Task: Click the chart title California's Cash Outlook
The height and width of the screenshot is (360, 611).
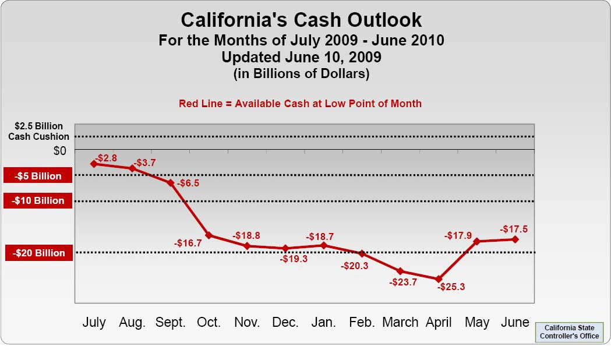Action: point(301,19)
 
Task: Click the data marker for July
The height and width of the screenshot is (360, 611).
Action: point(94,164)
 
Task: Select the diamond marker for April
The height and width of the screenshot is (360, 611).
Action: point(439,279)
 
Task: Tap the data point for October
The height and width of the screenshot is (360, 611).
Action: point(209,235)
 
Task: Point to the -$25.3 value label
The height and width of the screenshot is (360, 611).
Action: point(455,287)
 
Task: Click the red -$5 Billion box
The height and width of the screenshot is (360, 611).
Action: point(38,176)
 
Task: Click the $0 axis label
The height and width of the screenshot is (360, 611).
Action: point(60,150)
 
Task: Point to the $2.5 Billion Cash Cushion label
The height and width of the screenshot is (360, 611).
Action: point(38,131)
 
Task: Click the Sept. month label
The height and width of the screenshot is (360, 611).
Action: point(171,323)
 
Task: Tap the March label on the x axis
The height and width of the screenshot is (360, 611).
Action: point(400,323)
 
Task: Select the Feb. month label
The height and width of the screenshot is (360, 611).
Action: point(362,323)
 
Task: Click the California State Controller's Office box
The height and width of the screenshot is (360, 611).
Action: point(569,332)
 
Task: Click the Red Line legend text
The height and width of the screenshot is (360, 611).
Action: point(300,104)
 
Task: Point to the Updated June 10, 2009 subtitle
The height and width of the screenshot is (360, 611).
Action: point(301,58)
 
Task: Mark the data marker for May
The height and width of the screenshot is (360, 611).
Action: point(476,241)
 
